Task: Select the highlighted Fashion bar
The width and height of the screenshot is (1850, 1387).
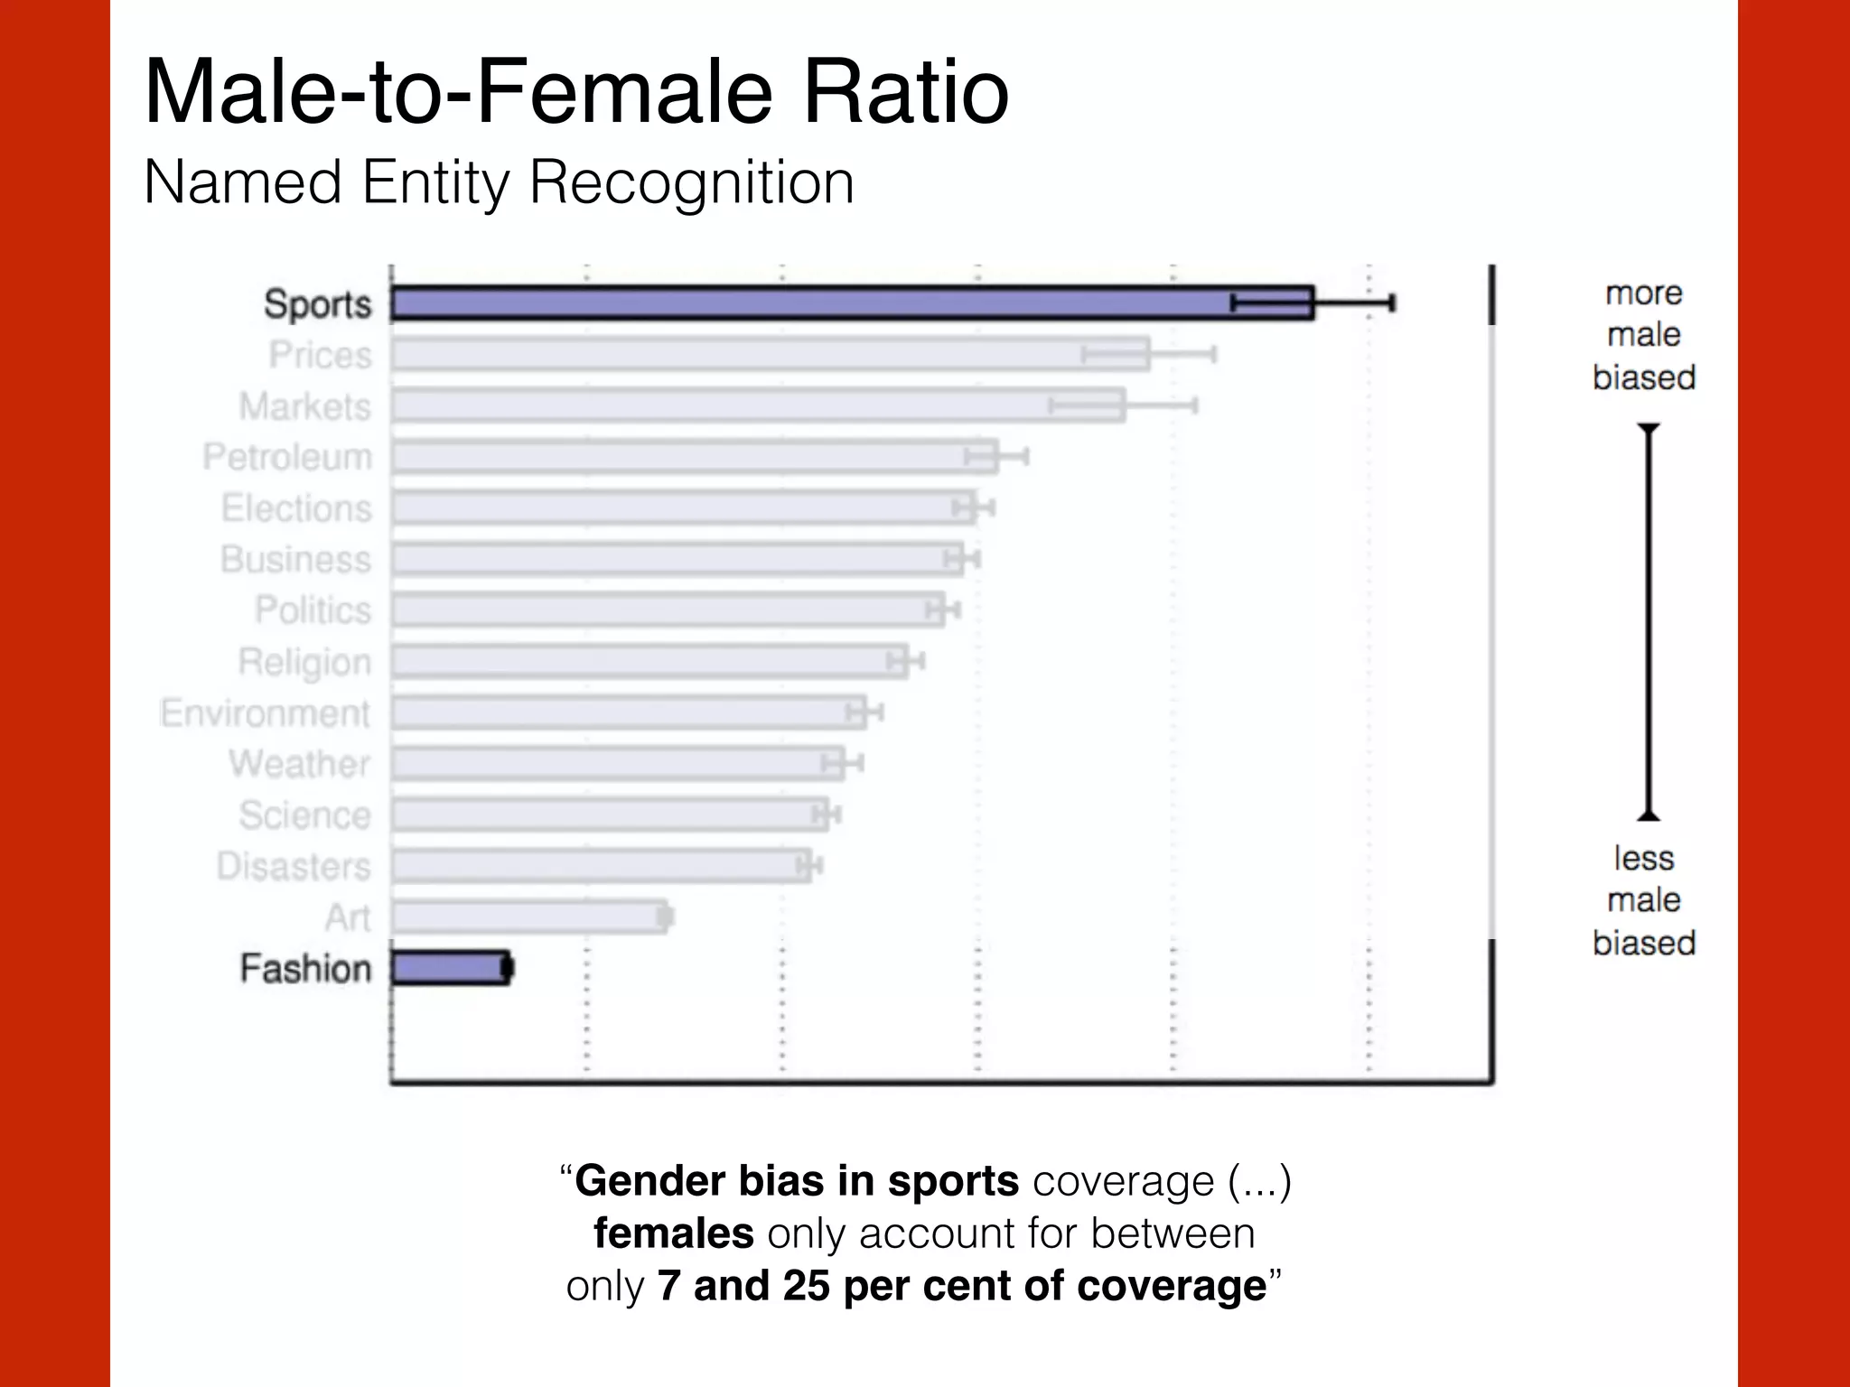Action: [x=450, y=968]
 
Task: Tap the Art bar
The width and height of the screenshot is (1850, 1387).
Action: [x=529, y=917]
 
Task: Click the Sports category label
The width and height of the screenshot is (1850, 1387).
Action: [x=317, y=304]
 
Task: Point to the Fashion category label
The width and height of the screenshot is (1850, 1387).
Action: [x=305, y=969]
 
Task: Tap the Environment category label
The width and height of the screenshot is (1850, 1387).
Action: [x=266, y=713]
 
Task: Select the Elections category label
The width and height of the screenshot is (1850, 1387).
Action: [x=296, y=508]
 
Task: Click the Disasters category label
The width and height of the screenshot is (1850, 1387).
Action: [x=294, y=867]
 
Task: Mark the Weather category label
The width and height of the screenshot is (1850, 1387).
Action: [x=300, y=765]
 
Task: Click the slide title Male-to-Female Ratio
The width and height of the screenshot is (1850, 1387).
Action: [x=576, y=91]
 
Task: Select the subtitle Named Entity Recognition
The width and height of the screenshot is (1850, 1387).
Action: [x=499, y=183]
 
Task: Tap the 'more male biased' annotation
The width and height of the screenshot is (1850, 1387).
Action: [x=1643, y=335]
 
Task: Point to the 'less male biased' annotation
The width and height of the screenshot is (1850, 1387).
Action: [x=1643, y=900]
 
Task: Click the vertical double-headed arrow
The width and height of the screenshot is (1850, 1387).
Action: [x=1649, y=621]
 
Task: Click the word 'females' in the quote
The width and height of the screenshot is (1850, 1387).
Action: [x=673, y=1233]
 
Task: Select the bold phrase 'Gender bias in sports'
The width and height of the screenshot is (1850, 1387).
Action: [x=797, y=1181]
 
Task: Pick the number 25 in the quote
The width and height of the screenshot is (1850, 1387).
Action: [x=806, y=1286]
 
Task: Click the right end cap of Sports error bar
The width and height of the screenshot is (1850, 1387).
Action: [x=1393, y=303]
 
